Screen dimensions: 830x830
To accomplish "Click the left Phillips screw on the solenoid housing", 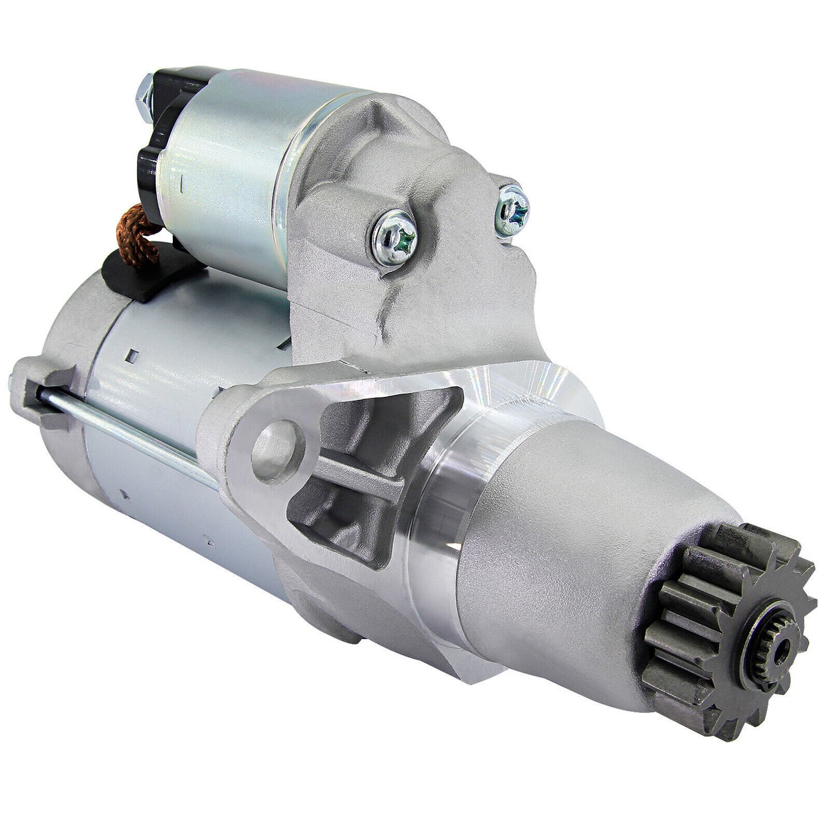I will tap(394, 237).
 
